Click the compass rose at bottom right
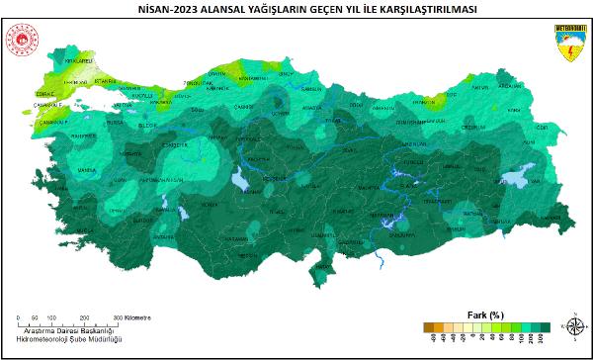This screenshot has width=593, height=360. point(575,324)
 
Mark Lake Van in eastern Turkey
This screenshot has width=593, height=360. point(516,179)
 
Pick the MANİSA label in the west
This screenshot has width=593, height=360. point(88,170)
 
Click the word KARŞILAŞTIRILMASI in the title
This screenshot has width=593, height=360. point(395,8)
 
